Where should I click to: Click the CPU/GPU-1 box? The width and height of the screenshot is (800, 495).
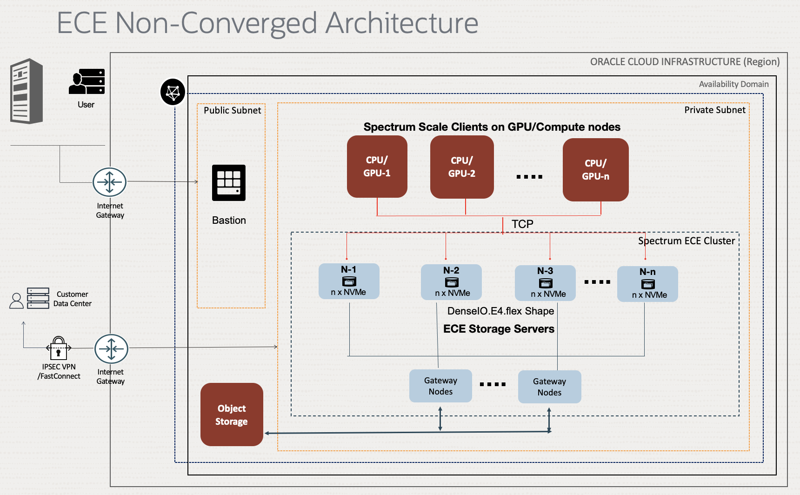(377, 167)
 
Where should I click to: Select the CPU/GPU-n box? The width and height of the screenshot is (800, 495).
(595, 170)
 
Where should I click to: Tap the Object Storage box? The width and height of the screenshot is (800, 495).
(232, 415)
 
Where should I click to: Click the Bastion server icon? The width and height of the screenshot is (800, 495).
(229, 183)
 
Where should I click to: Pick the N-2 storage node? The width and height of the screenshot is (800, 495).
(451, 282)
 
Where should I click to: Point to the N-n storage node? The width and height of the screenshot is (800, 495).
(647, 284)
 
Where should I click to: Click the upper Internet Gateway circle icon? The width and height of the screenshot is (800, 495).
(109, 182)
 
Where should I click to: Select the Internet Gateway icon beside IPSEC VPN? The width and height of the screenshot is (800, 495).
(111, 348)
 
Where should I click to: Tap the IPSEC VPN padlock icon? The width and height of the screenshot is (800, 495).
(59, 348)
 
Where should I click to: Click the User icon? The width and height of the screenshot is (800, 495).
(87, 82)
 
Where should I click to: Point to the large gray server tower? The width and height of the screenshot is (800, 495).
(27, 91)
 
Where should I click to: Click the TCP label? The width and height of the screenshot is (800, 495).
(522, 224)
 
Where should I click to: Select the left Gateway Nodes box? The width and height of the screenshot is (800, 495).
(440, 386)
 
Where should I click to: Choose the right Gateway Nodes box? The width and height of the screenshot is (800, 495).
(549, 387)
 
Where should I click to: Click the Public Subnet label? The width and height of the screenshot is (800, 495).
(232, 110)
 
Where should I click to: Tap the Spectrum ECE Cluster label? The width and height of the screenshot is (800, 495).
(687, 241)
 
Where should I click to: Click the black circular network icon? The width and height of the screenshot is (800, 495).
(173, 92)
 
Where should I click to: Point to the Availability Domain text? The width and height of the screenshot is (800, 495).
(733, 84)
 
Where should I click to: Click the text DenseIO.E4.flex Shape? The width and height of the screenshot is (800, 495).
(500, 311)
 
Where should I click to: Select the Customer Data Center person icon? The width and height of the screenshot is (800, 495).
(17, 301)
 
